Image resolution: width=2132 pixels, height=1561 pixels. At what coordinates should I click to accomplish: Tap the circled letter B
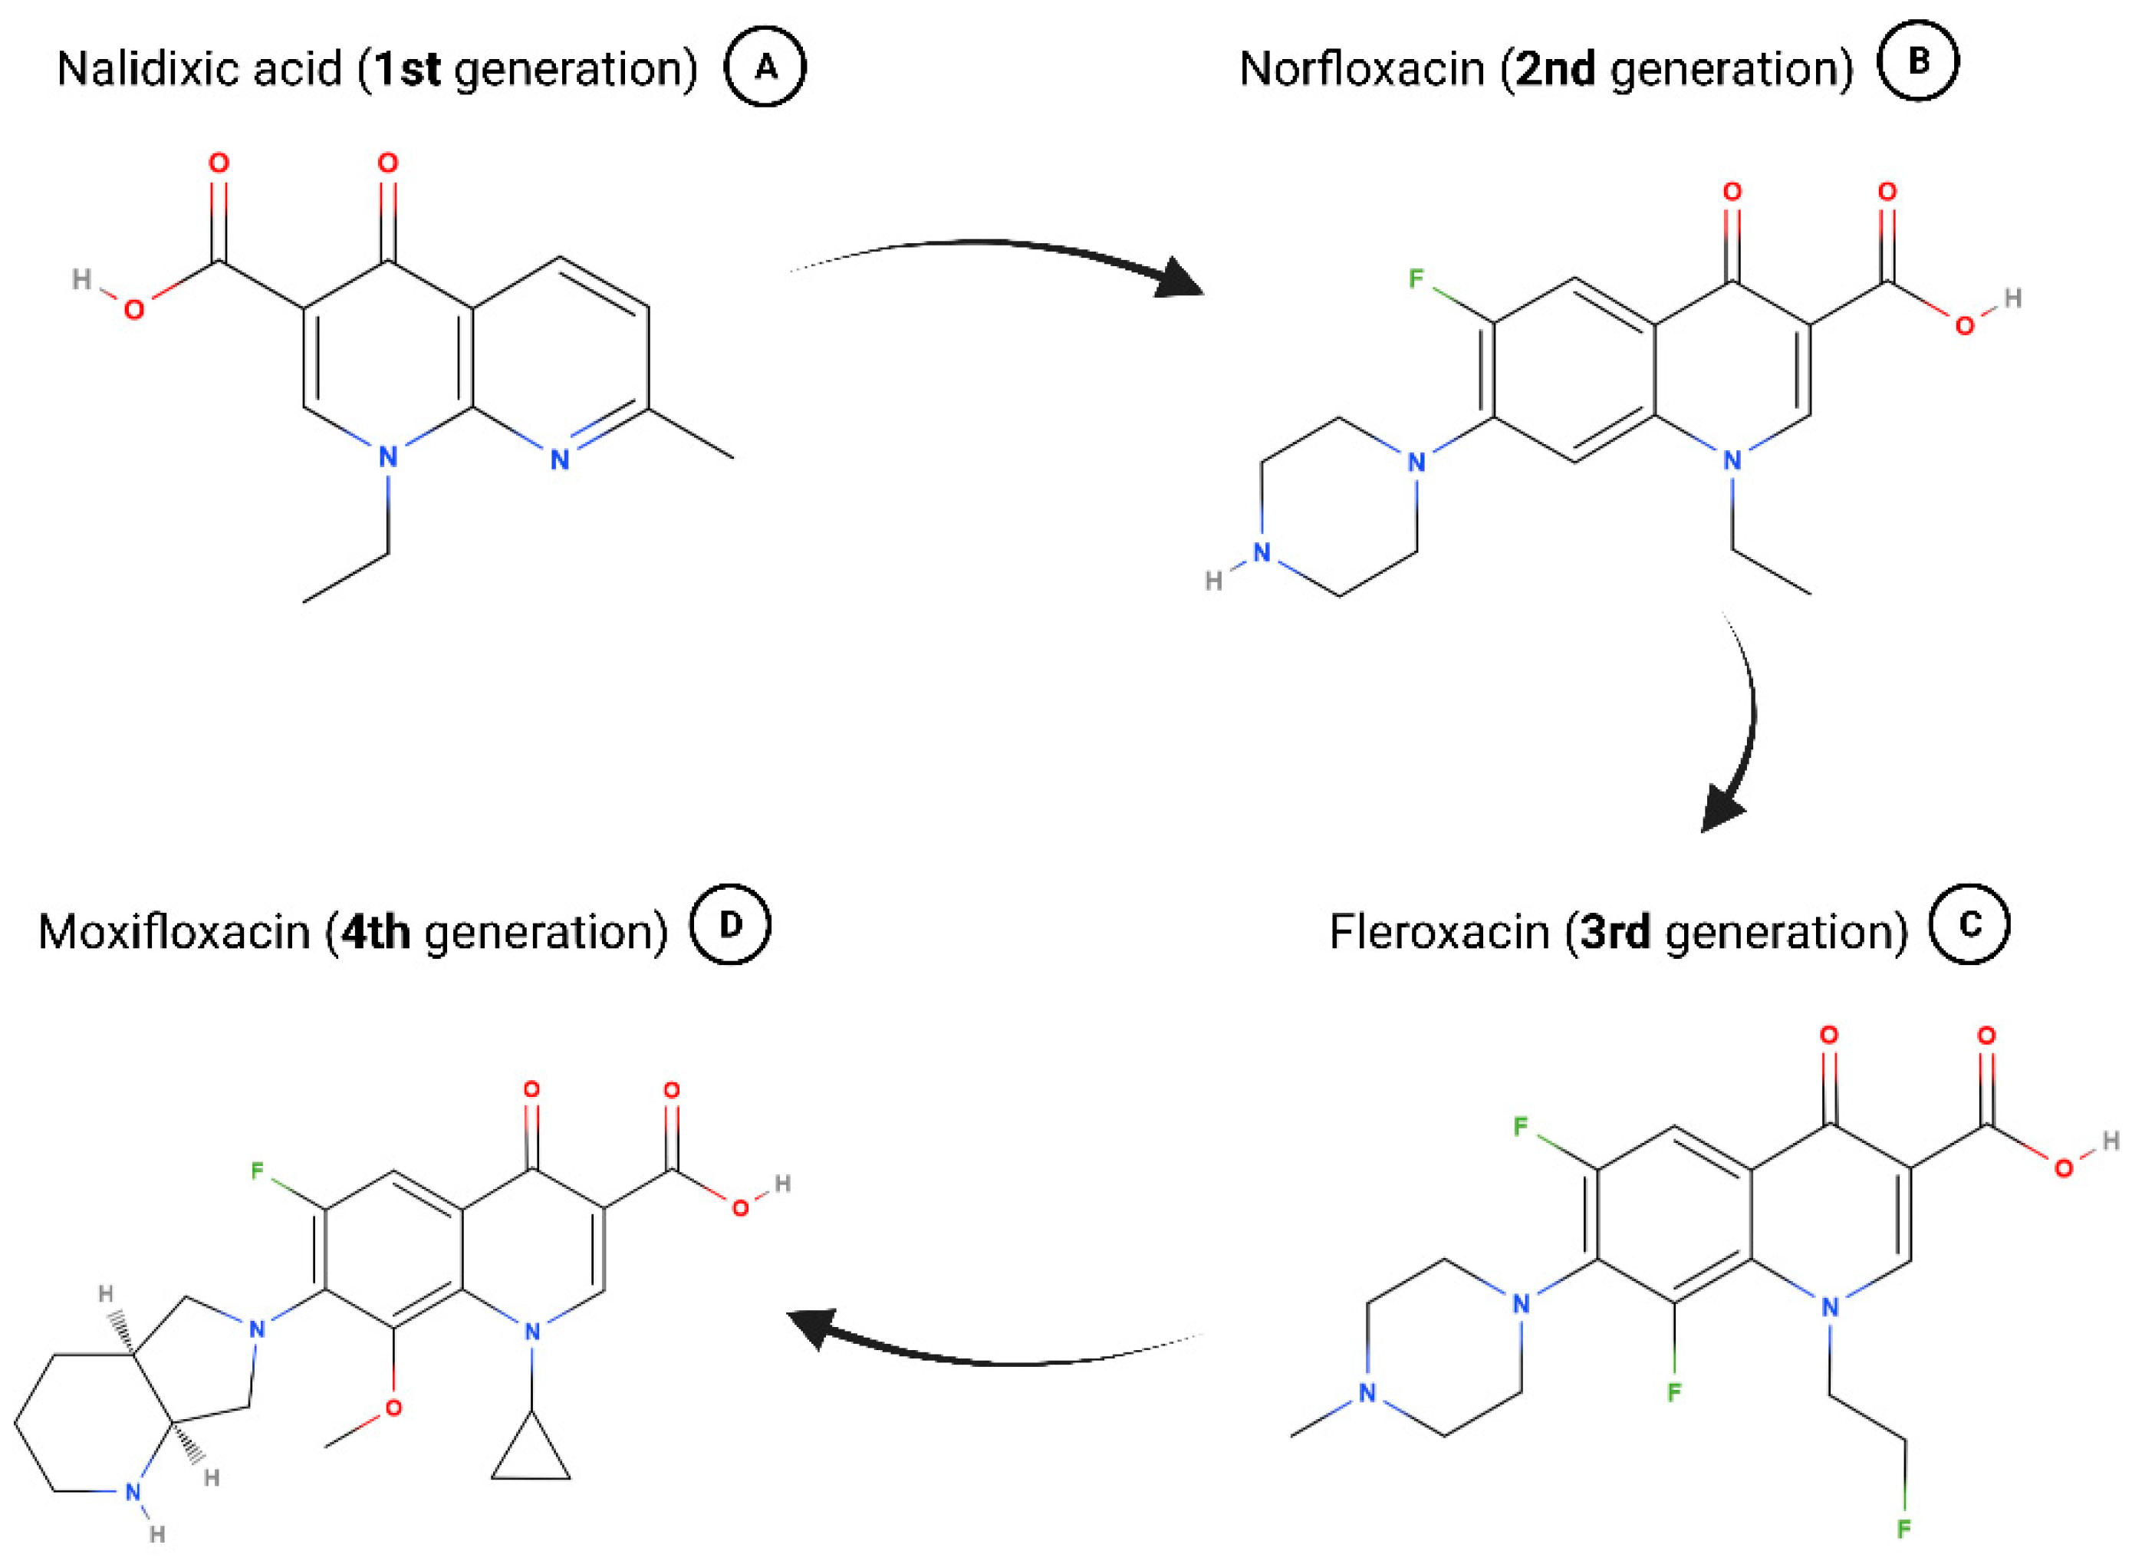1916,61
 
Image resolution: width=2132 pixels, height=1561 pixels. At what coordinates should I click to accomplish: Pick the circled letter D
730,924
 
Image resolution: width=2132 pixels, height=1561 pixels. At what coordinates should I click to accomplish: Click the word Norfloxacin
1360,69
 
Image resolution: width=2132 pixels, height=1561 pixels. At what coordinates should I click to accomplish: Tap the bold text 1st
406,69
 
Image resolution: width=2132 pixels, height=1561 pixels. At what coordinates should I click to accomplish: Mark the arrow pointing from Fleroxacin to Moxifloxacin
992,1346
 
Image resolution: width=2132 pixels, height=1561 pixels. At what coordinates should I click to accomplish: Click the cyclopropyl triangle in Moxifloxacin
531,1456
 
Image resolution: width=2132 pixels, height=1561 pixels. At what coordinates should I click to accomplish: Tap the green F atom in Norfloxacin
1415,278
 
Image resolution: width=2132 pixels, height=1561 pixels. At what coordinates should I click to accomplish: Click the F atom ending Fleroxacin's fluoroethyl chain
1905,1528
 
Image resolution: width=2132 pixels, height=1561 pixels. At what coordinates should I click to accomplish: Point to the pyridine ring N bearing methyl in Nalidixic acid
560,460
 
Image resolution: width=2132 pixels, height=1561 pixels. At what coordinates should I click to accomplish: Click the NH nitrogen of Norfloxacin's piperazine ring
1262,553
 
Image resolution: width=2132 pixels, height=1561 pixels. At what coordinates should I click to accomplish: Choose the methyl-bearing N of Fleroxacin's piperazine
1367,1393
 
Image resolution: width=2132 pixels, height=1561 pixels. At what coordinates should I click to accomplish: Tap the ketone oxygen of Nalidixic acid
387,163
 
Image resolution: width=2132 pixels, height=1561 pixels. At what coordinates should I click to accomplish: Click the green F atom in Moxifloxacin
257,1171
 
